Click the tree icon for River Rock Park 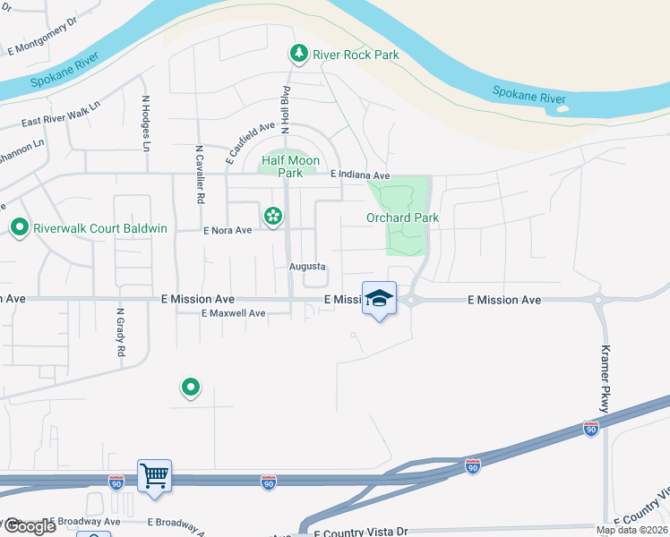click(298, 55)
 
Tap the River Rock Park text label click(356, 55)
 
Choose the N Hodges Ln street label click(144, 123)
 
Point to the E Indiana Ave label click(360, 175)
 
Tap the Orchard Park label click(402, 217)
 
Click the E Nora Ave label click(228, 230)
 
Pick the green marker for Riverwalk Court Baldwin click(19, 228)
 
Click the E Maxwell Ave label click(234, 313)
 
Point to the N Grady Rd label click(120, 333)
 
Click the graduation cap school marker click(380, 298)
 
